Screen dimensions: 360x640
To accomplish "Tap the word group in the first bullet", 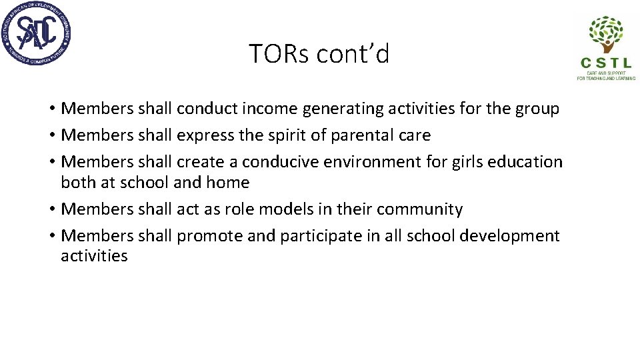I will coord(535,109).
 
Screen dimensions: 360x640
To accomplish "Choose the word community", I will coord(419,210).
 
